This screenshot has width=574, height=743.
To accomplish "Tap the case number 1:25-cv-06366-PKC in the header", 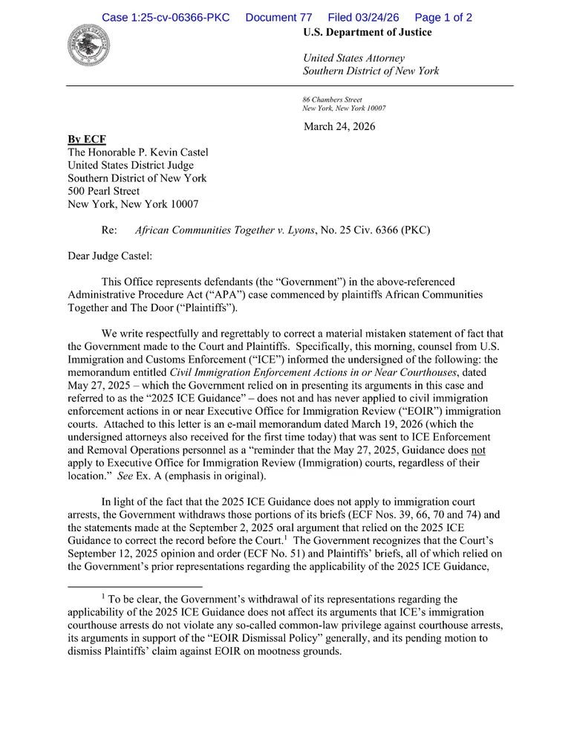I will coord(167,17).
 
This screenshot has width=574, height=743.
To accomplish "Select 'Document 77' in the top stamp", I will coord(278,17).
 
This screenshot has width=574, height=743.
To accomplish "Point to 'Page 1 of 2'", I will coord(443,17).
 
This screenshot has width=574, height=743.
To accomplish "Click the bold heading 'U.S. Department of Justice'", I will coord(367,33).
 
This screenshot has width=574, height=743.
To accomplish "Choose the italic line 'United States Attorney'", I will coord(353,58).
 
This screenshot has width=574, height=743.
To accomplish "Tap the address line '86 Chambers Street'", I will coord(332,100).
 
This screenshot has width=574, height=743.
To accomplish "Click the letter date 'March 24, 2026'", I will coord(339,126).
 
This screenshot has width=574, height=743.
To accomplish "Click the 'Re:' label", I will coord(109,230).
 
